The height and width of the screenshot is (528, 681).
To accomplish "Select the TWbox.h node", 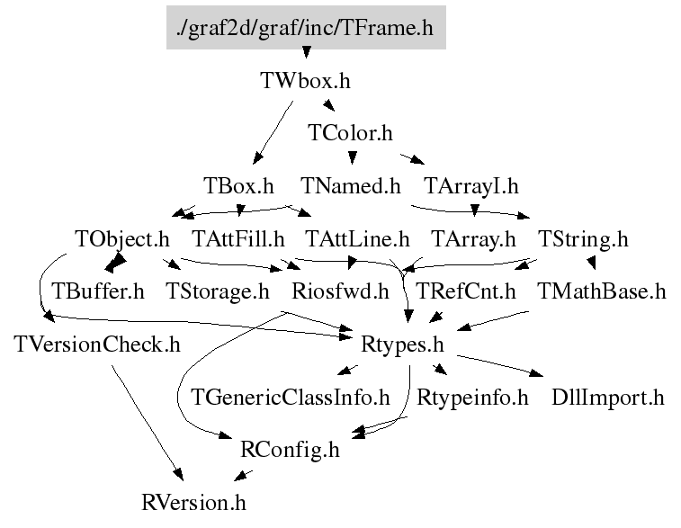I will [x=305, y=81].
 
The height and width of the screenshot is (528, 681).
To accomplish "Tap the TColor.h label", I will [x=350, y=134].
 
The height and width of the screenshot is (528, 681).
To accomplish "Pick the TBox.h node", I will [x=238, y=187].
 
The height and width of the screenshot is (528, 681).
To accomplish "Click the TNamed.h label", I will [x=350, y=187].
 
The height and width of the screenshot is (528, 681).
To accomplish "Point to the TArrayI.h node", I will [x=470, y=187].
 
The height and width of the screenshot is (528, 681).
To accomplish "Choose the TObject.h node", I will [x=122, y=239].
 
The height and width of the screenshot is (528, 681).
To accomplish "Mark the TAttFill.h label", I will [x=238, y=239].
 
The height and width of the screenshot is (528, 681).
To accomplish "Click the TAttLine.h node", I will [x=357, y=239].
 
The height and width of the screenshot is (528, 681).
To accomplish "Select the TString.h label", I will [x=583, y=239].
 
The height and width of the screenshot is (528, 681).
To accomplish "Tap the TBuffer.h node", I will [x=98, y=291].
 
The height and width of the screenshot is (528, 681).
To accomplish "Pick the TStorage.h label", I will [x=218, y=291].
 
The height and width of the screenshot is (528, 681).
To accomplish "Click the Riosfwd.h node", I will [x=341, y=291].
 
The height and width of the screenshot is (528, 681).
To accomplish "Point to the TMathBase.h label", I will [x=601, y=291].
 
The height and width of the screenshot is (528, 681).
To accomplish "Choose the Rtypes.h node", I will [x=402, y=344].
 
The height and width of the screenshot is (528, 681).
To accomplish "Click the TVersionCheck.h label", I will [x=97, y=344].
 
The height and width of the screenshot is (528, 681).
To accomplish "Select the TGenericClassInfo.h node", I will [x=291, y=397].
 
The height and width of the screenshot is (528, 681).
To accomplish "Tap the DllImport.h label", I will [x=608, y=397].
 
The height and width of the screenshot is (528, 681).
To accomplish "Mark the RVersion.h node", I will [x=193, y=501].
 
